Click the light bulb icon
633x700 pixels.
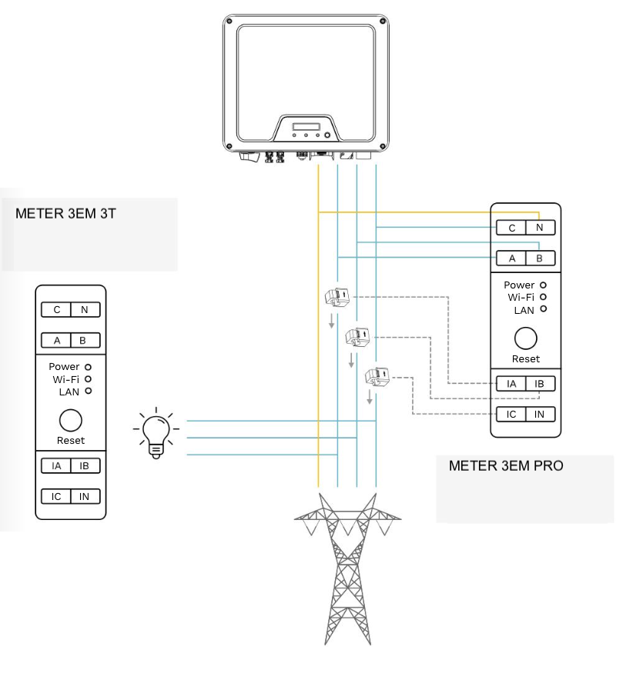point(156,435)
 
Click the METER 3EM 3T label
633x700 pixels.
point(65,213)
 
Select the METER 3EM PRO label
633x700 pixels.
point(505,465)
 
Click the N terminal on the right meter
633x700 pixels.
point(539,228)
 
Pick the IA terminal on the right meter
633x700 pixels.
point(511,383)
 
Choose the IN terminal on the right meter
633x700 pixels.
point(539,414)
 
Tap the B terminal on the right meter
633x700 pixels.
point(539,258)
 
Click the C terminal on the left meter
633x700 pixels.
point(56,309)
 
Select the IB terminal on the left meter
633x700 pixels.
point(84,465)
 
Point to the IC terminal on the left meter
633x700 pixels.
point(56,496)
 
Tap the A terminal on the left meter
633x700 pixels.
point(56,340)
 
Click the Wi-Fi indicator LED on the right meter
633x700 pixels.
point(544,297)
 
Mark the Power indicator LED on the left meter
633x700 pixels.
point(89,367)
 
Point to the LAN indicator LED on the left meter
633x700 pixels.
point(89,392)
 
